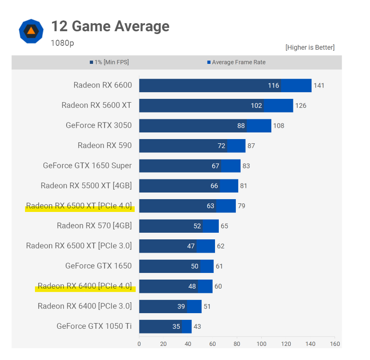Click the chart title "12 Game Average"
point(110,26)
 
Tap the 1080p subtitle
point(62,43)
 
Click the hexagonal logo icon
point(31,31)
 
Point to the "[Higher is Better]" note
point(310,47)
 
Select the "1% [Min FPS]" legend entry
point(109,62)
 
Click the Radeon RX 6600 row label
point(103,86)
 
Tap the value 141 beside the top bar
point(319,86)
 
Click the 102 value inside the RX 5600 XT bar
point(256,105)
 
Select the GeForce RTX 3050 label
point(99,125)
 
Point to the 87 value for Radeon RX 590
point(251,146)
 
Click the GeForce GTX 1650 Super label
point(87,166)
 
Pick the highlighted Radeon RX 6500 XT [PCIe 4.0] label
point(79,206)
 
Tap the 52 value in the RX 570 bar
point(197,226)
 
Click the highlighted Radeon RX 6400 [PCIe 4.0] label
point(85,286)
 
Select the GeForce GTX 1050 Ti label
point(94,326)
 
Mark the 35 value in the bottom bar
point(176,326)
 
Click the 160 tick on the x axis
point(335,344)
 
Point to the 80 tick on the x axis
point(237,344)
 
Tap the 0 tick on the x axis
point(139,344)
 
